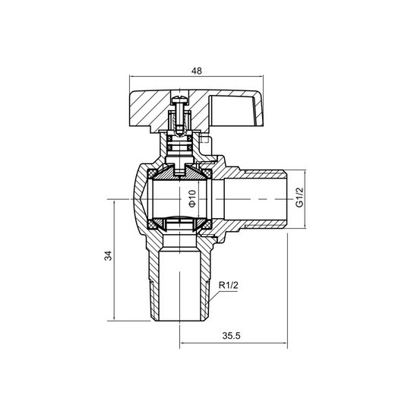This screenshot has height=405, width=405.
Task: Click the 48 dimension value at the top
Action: point(197,70)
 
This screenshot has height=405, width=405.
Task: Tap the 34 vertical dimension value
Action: point(108,256)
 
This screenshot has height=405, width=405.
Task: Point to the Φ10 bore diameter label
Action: point(192,198)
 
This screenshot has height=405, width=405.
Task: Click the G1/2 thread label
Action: point(299,198)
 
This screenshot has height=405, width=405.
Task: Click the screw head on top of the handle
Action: point(179,100)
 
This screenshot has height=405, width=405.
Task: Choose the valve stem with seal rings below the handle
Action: point(180,144)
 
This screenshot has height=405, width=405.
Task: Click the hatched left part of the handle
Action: point(152,103)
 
